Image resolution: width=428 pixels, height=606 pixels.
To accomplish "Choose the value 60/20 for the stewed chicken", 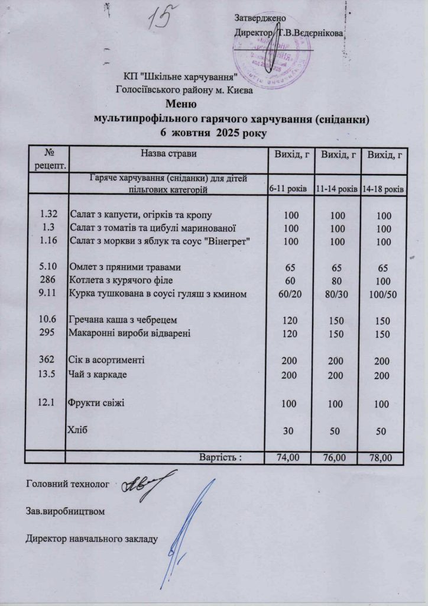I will tap(290, 294).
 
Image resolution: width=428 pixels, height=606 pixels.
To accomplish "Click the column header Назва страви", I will tap(168, 154).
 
